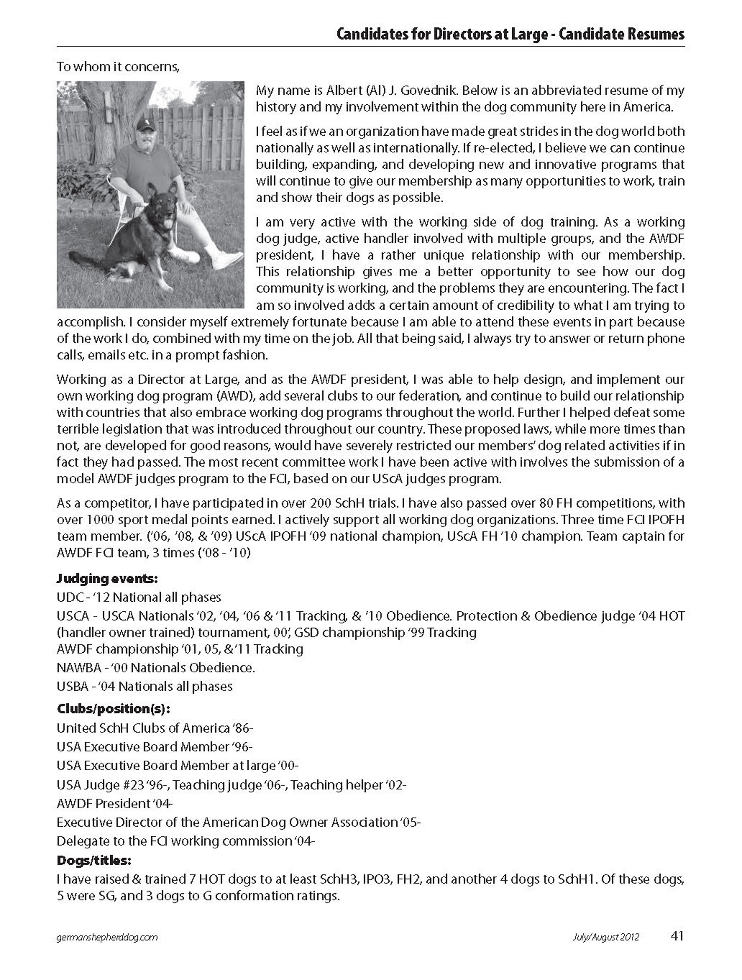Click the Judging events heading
pyautogui.click(x=107, y=578)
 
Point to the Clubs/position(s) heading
pyautogui.click(x=114, y=709)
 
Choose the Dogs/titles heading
pyautogui.click(x=94, y=860)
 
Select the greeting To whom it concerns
pyautogui.click(x=118, y=67)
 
